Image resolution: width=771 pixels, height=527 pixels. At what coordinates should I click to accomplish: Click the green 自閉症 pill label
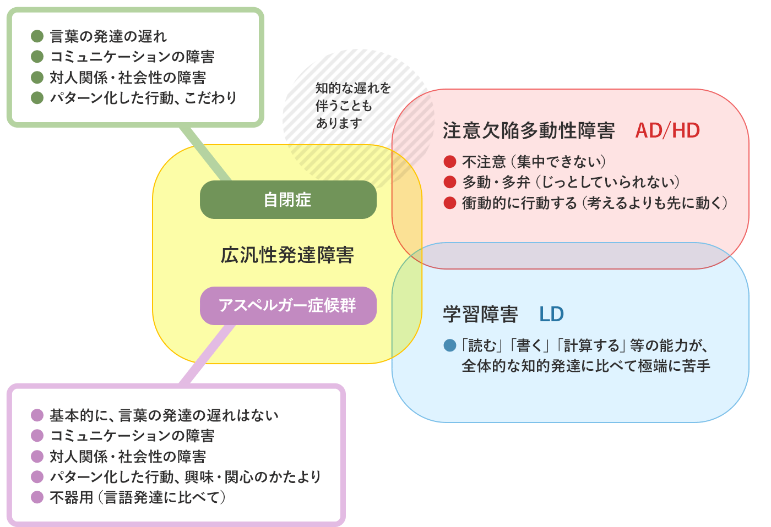[288, 200]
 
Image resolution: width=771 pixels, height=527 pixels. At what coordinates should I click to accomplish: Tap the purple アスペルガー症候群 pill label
[288, 305]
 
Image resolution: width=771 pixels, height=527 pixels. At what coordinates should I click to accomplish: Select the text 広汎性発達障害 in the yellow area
[287, 255]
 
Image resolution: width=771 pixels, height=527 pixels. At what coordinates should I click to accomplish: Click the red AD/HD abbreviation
[667, 131]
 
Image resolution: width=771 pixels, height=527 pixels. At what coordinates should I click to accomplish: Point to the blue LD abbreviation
[551, 314]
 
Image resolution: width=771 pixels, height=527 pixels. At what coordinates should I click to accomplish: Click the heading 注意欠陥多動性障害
[529, 131]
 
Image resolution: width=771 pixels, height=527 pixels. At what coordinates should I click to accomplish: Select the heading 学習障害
[480, 314]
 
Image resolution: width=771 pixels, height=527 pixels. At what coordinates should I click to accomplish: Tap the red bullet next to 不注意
[450, 162]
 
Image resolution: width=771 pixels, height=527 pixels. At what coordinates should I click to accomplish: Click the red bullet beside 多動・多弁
[450, 182]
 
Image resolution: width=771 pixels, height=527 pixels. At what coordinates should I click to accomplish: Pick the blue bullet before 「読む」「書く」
[450, 345]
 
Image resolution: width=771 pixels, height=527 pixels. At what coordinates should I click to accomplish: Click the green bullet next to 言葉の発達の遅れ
[37, 36]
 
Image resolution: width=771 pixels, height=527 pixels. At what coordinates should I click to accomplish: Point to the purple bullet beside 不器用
[37, 497]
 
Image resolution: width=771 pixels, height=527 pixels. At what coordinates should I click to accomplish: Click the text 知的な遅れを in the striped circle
[353, 88]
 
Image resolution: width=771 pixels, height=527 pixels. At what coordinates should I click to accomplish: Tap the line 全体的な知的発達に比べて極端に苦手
[586, 366]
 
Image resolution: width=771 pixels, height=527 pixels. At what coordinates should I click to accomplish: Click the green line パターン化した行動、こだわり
[143, 98]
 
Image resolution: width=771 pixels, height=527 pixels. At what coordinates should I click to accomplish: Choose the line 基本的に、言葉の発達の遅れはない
[164, 415]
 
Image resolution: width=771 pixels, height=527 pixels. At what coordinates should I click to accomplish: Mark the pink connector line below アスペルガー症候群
[207, 355]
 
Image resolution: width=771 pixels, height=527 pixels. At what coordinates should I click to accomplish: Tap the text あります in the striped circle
[339, 123]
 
